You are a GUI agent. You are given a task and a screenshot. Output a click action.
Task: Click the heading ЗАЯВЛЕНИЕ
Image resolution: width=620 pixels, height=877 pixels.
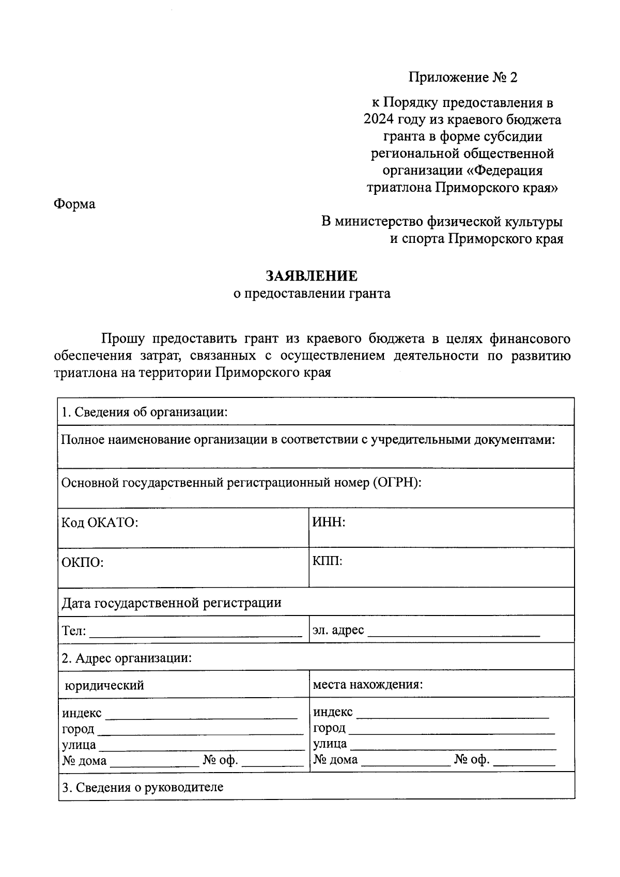click(x=311, y=275)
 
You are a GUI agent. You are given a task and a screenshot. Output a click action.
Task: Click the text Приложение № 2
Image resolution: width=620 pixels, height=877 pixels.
click(x=462, y=78)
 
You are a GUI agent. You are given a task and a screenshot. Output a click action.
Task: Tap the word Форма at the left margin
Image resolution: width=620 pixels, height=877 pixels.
click(x=75, y=204)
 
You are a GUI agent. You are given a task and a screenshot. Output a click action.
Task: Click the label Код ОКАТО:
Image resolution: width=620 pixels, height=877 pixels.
click(x=100, y=522)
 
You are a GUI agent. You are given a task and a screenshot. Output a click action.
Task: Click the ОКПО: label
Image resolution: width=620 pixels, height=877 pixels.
click(x=83, y=562)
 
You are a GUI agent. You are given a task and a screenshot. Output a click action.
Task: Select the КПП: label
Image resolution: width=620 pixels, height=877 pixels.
click(x=328, y=561)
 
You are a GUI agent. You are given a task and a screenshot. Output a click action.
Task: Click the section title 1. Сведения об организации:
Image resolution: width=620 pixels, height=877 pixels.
click(x=145, y=412)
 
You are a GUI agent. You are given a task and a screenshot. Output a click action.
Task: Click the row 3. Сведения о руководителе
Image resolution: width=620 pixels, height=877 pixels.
click(x=143, y=788)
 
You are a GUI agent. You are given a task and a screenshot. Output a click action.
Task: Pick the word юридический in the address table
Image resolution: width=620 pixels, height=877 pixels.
click(x=104, y=686)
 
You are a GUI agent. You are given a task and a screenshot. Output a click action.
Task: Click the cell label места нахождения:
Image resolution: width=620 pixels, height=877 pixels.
click(x=368, y=685)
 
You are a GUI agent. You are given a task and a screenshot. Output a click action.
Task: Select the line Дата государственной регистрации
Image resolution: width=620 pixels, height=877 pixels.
click(x=172, y=603)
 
